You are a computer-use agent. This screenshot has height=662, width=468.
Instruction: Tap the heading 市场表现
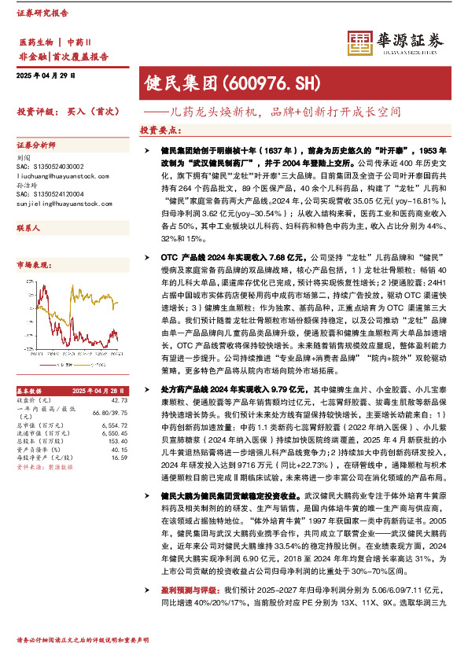(31, 267)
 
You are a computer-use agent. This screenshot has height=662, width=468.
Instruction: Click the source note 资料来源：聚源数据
(44, 468)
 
